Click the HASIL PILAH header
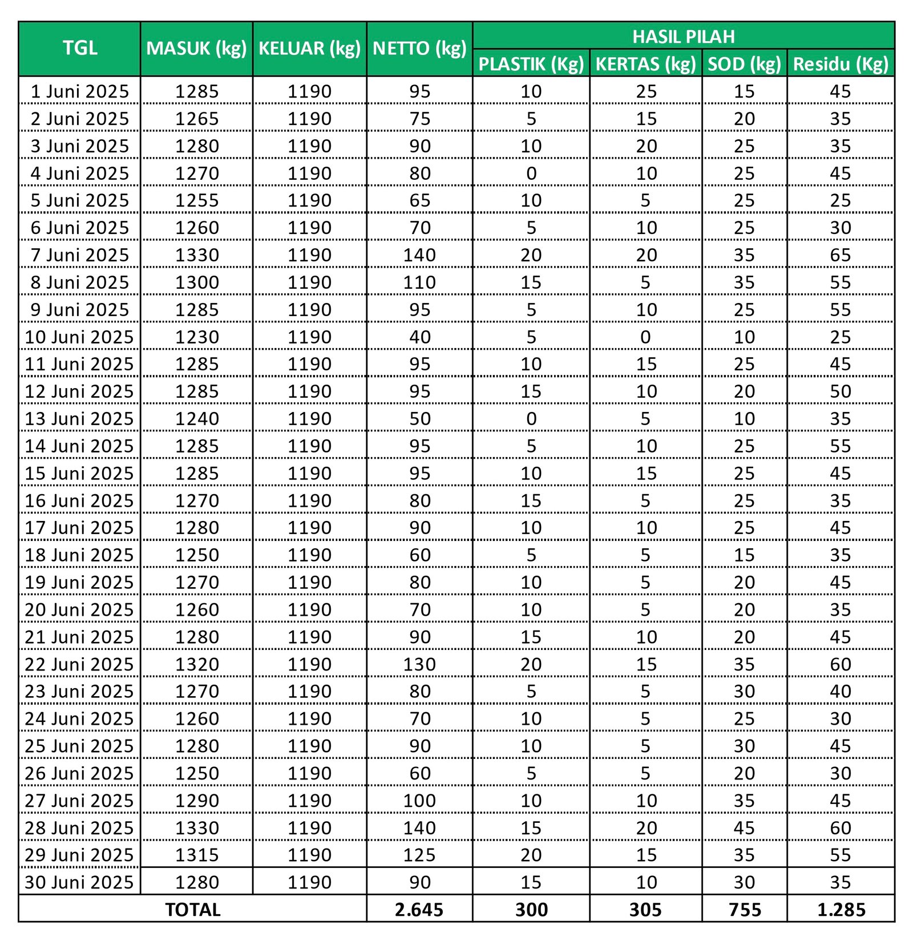[x=683, y=37]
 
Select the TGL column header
[x=80, y=48]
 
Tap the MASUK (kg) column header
[x=196, y=49]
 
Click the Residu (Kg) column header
[x=841, y=64]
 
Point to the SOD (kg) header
[x=744, y=64]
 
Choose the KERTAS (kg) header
[x=645, y=64]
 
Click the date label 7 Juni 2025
[x=80, y=255]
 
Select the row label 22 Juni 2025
[x=79, y=664]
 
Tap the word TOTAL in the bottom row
[x=192, y=910]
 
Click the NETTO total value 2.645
[x=419, y=910]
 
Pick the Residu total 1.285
[x=841, y=910]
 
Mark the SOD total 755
[x=744, y=910]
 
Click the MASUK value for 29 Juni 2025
[x=197, y=855]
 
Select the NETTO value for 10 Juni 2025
[x=419, y=337]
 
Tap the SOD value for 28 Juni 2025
[x=744, y=827]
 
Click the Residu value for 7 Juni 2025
[x=841, y=255]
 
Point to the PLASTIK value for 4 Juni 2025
[x=531, y=173]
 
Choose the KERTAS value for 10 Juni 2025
[x=645, y=337]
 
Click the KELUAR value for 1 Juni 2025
[x=309, y=91]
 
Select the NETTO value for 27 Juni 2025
[x=419, y=800]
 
